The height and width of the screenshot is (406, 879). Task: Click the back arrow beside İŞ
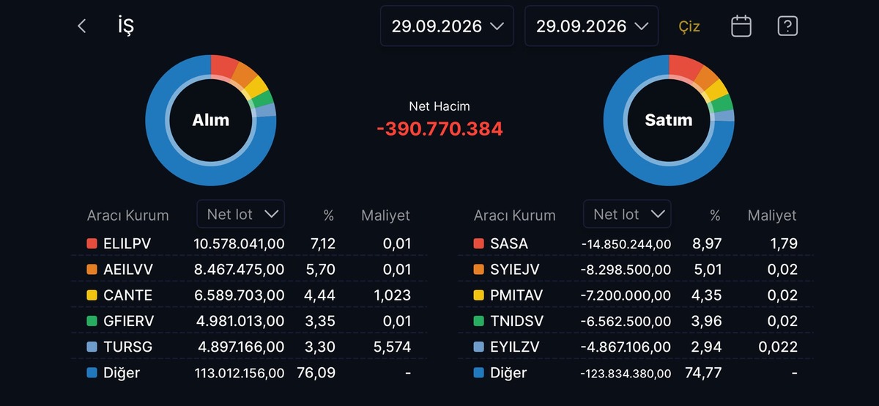tap(81, 26)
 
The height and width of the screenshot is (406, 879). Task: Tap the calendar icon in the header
tap(741, 26)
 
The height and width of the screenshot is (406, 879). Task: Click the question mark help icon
tap(787, 26)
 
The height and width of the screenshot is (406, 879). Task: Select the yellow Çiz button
tap(689, 26)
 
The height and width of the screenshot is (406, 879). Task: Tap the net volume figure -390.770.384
tap(439, 129)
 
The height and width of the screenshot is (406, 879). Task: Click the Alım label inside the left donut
tap(211, 120)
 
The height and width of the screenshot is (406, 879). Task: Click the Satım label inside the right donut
tap(669, 120)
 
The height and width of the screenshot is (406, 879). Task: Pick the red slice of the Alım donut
tap(223, 65)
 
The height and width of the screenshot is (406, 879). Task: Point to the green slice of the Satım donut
tap(722, 103)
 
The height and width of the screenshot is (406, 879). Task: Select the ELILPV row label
tap(127, 243)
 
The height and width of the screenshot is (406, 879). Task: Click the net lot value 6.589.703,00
tap(239, 295)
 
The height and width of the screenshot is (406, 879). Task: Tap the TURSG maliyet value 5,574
tap(392, 347)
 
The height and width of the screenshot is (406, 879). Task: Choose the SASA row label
tap(508, 243)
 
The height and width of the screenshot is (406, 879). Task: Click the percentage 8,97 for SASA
tap(707, 243)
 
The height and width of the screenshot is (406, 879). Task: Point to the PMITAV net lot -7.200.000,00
tap(626, 295)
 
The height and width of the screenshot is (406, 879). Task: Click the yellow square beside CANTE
tap(92, 295)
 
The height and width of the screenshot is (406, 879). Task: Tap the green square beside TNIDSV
tap(479, 321)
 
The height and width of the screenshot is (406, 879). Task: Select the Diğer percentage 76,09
tap(316, 372)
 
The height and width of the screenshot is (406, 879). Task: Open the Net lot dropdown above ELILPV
tap(240, 214)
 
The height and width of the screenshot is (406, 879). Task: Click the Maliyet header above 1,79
tap(772, 215)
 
